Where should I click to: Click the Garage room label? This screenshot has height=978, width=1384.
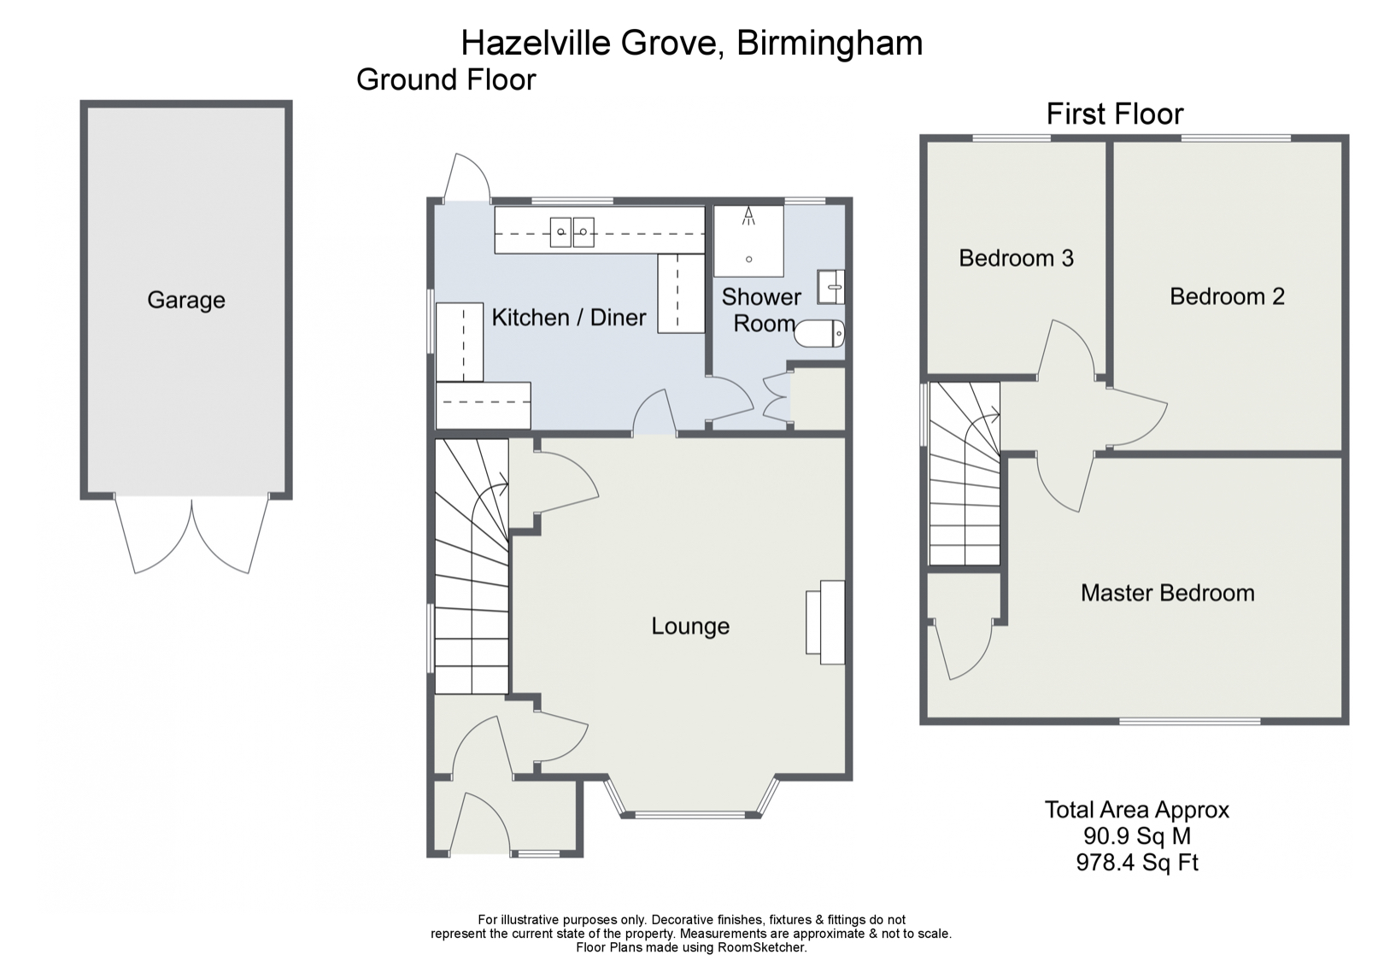click(x=185, y=300)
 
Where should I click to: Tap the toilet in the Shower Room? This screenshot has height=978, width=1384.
click(x=819, y=333)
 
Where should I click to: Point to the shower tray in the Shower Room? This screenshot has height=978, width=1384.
click(x=748, y=241)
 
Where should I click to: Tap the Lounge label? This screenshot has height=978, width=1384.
click(x=690, y=626)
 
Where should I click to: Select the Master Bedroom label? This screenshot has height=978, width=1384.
click(x=1167, y=593)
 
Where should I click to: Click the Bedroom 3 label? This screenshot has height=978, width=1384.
click(x=1016, y=258)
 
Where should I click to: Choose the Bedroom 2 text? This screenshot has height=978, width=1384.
click(x=1227, y=296)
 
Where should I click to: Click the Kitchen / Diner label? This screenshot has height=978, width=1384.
click(x=569, y=318)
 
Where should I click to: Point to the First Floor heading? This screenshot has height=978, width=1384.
click(x=1115, y=114)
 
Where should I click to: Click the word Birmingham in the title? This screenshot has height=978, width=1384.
click(x=830, y=43)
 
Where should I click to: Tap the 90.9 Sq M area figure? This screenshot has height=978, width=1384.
click(x=1136, y=836)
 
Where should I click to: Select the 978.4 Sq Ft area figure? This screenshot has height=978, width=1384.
click(x=1136, y=863)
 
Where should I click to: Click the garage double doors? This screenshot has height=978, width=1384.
click(x=191, y=534)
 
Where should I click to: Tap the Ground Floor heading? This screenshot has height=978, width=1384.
click(x=446, y=79)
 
